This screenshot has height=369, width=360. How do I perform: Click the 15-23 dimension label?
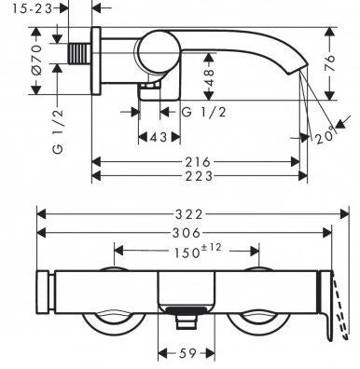point(33,8)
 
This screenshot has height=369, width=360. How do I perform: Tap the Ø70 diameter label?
point(36,61)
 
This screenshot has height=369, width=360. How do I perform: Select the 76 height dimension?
point(330,63)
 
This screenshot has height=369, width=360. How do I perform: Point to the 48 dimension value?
point(210,77)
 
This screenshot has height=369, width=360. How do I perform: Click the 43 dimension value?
point(159,137)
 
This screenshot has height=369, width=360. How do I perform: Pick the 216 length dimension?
point(198,162)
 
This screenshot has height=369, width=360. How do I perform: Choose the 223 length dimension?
point(199,176)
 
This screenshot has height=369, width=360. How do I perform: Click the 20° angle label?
point(325,135)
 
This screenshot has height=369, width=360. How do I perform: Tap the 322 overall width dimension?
point(188,214)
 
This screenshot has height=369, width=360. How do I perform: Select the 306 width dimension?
point(187,232)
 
